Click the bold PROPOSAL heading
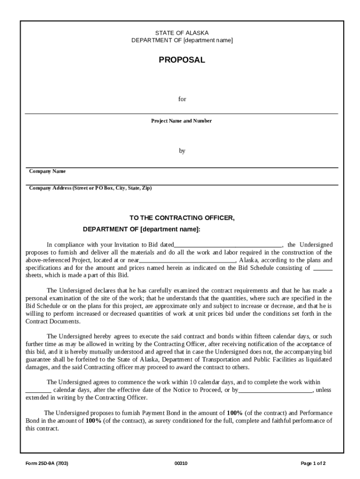182,60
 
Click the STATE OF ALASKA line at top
182,33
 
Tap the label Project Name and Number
181,121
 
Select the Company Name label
47,171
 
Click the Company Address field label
90,188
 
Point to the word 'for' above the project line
182,99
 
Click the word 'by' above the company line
182,151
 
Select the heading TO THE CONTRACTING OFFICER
182,218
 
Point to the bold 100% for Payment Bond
234,413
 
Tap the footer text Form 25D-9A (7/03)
48,464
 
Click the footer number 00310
181,464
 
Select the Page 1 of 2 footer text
313,464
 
